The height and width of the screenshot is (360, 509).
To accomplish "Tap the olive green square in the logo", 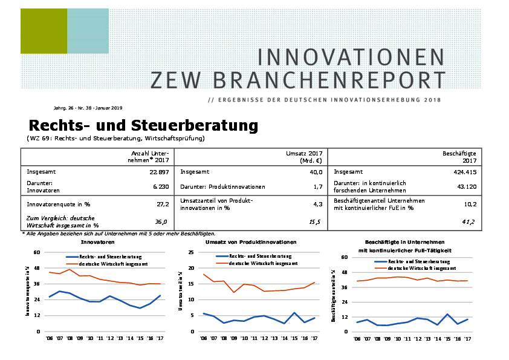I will [x=44, y=31].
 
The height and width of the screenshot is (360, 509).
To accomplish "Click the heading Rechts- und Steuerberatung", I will [x=143, y=126].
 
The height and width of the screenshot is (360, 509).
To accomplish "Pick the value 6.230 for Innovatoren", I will [x=160, y=186].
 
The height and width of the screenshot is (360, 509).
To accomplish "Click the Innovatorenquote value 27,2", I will [x=162, y=205].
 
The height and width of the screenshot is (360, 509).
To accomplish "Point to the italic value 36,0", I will [x=161, y=222].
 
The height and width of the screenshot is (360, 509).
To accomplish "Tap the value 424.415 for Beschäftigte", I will [x=464, y=172].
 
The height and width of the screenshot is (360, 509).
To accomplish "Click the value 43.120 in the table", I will [x=465, y=186].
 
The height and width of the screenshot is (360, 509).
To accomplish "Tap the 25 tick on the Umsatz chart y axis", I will [x=192, y=252].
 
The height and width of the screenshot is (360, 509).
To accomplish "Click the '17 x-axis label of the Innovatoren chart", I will [x=159, y=339].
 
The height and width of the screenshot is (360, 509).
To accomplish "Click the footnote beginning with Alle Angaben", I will [x=118, y=234].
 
